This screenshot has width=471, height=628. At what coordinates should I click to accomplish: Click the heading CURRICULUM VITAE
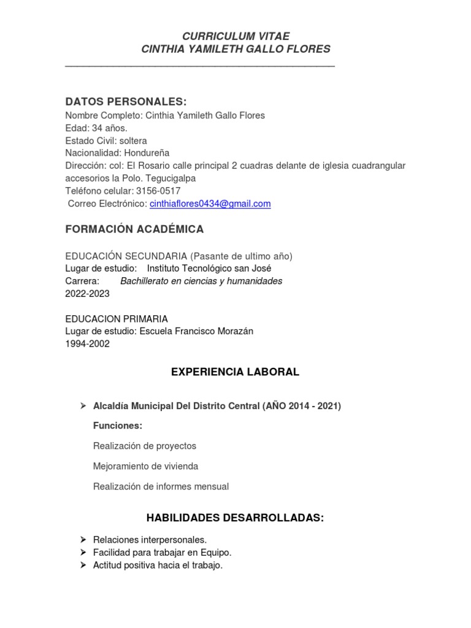235,36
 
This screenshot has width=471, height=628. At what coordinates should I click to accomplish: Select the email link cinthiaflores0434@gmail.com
210,204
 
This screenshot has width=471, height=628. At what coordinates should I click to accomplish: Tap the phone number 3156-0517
158,191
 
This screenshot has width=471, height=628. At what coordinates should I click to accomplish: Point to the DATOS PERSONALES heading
126,101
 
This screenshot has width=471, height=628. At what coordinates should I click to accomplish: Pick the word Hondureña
147,153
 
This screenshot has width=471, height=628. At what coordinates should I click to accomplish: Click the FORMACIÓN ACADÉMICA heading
134,229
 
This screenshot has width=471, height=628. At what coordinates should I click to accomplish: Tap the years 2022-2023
88,293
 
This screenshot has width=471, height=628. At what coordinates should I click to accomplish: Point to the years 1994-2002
88,344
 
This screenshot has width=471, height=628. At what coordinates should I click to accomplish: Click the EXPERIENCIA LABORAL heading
235,372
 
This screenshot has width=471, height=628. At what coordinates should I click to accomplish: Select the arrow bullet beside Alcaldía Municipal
83,406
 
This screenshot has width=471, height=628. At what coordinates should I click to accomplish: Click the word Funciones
117,426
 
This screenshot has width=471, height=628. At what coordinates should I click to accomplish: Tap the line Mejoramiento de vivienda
145,466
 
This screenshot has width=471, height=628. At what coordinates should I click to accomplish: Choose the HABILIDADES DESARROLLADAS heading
235,518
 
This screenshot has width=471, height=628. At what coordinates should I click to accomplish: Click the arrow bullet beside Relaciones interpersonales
83,540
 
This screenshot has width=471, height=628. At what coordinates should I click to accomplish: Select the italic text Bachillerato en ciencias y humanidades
201,281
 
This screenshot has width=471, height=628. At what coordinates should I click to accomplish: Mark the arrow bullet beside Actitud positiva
83,565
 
